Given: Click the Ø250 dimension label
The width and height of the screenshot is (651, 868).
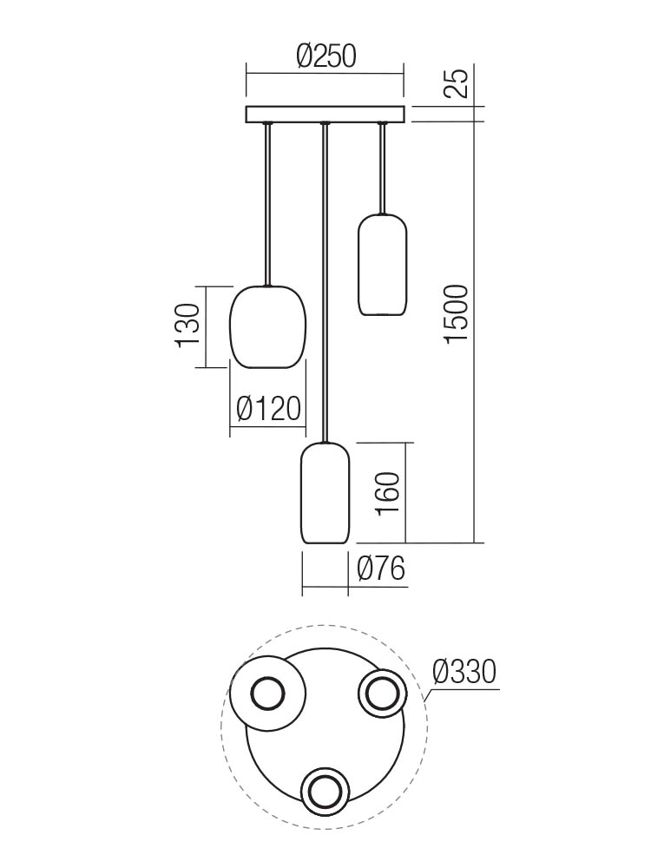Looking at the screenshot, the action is [325, 56].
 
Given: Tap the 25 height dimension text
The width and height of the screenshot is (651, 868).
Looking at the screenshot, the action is [457, 83].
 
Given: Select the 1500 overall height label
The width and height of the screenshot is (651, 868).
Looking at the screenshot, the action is [457, 314].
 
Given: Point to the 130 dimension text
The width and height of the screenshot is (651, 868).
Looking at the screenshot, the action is [187, 325].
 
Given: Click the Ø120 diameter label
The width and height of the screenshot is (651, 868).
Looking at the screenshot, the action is [268, 409].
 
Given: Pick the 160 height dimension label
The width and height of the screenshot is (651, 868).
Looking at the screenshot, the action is [387, 494].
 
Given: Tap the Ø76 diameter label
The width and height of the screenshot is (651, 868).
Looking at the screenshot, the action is [381, 569].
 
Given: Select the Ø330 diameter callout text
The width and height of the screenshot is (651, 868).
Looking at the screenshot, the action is [464, 672].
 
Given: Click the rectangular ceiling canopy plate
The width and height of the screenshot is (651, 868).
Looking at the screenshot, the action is [325, 114].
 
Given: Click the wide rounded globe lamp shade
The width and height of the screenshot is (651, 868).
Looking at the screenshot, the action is [266, 326].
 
